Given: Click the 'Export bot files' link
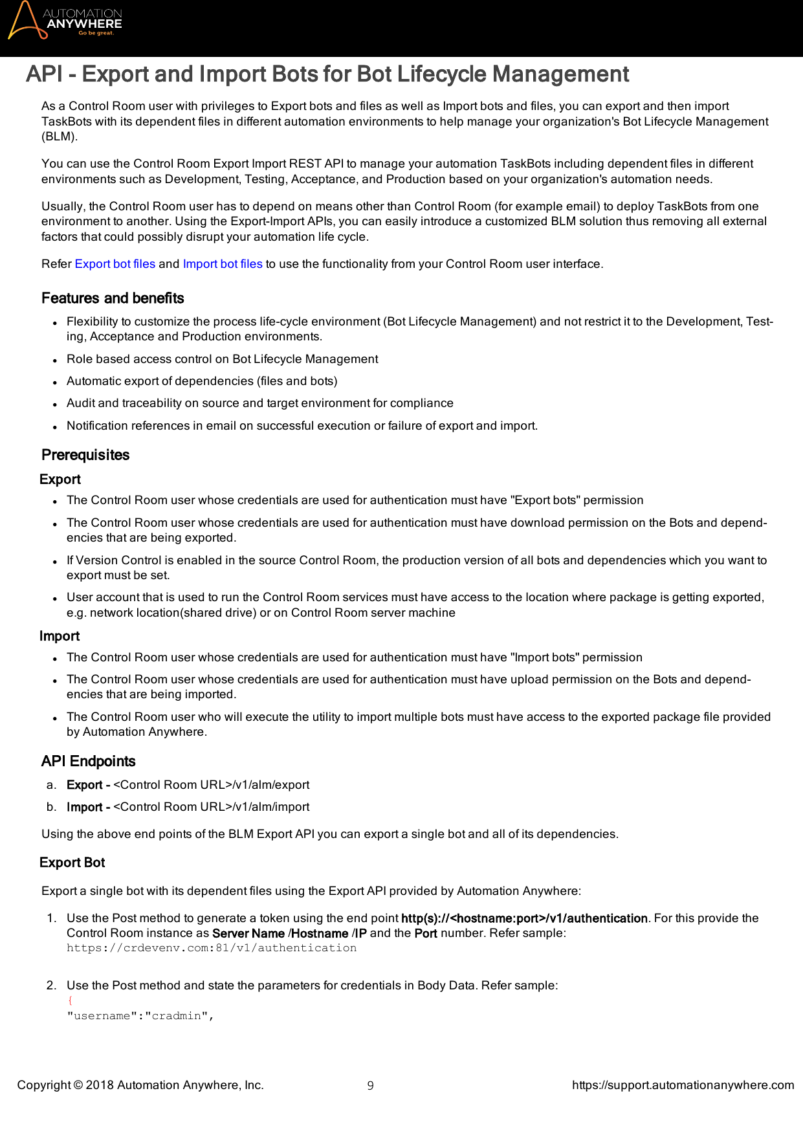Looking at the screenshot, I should click(115, 264).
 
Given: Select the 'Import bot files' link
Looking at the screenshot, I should click(223, 264).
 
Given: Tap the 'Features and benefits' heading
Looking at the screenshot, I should click(113, 298).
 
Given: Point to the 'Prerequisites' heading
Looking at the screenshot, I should click(85, 455).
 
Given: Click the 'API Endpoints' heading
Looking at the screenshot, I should click(88, 761).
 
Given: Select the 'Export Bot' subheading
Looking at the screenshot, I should click(72, 863).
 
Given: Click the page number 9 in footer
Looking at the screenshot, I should click(370, 1086).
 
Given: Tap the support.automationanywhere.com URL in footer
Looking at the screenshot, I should click(683, 1085).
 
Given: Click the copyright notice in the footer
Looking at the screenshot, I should click(140, 1085).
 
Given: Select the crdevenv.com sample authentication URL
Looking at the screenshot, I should click(212, 948).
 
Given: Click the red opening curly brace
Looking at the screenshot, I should click(70, 1000).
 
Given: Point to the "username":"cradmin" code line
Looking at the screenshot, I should click(140, 1016).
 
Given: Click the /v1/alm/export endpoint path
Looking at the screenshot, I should click(270, 785).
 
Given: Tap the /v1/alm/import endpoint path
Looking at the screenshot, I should click(270, 807).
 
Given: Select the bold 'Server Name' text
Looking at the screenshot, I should click(248, 933).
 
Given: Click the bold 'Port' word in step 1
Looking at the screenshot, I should click(426, 933).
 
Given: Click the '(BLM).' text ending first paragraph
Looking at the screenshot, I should click(60, 137).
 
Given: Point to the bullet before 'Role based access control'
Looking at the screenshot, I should click(56, 360).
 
